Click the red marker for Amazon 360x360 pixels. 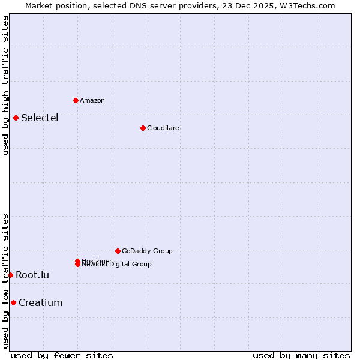tap(76, 100)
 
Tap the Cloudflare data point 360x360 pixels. tap(143, 128)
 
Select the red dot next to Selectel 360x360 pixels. tap(16, 118)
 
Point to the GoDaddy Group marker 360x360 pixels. tap(118, 251)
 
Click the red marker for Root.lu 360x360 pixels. tap(10, 275)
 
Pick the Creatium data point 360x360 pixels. tap(13, 302)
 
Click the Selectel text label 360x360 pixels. tap(40, 118)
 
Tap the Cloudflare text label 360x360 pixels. tap(163, 128)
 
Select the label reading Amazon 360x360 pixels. tap(92, 100)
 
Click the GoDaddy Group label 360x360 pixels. tap(147, 251)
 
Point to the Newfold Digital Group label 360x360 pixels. tap(117, 265)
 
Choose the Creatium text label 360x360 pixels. tap(40, 302)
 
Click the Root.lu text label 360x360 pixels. tap(32, 275)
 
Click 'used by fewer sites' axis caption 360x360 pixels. tap(62, 355)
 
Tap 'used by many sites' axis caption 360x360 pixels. tap(301, 355)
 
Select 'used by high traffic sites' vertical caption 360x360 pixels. tap(5, 85)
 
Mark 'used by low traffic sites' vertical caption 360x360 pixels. tap(5, 281)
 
